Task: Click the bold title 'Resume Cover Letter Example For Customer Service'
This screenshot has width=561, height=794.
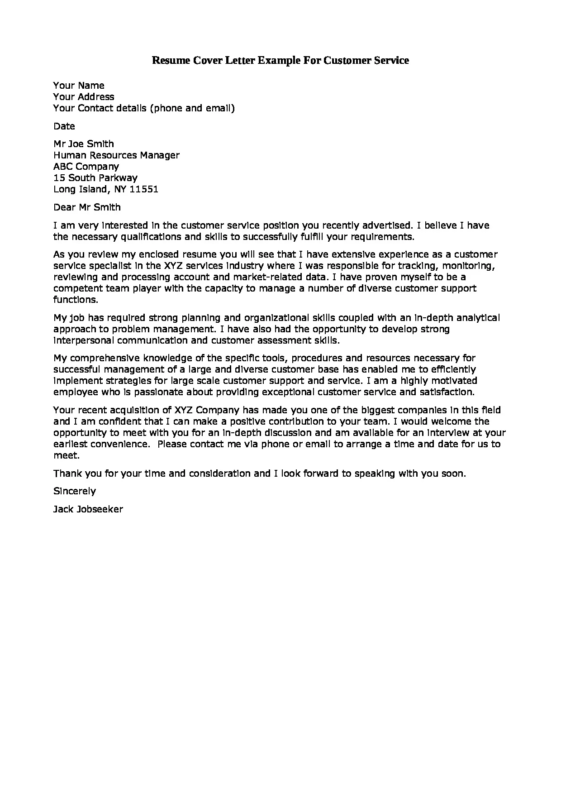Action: click(x=280, y=60)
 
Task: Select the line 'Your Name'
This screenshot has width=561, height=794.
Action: click(x=79, y=86)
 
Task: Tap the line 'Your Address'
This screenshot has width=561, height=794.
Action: click(x=84, y=97)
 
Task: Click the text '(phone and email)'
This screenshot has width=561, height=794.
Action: click(x=192, y=108)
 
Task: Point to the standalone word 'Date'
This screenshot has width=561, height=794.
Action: click(x=64, y=126)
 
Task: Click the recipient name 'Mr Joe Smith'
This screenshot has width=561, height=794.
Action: click(x=84, y=144)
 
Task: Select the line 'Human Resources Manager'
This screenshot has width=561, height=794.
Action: click(x=116, y=155)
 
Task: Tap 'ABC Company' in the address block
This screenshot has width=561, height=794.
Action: click(x=86, y=167)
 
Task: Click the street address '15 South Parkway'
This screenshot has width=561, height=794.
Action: click(x=95, y=178)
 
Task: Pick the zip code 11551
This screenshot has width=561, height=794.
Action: click(x=144, y=189)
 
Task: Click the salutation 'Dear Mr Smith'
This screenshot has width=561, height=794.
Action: click(x=87, y=207)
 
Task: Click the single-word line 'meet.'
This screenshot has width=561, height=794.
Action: click(x=67, y=455)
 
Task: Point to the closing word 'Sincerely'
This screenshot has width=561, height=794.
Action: click(x=75, y=491)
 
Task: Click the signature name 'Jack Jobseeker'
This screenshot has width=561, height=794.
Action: click(x=88, y=509)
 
